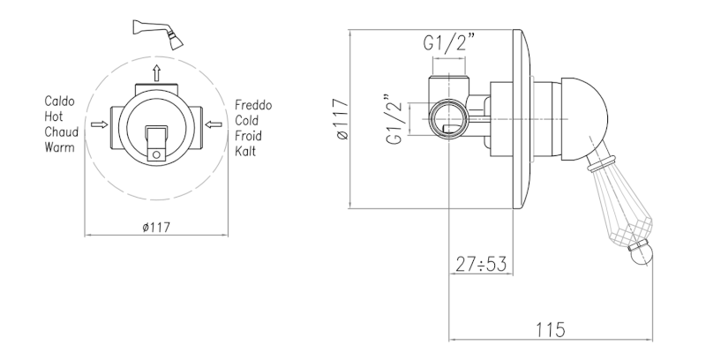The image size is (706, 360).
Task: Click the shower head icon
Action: [x=158, y=34]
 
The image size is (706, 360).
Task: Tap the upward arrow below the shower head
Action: [x=156, y=72]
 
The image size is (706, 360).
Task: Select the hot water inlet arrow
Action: [x=99, y=124]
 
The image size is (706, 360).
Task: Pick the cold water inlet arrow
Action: [x=214, y=124]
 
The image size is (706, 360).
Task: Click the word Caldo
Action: [x=59, y=101]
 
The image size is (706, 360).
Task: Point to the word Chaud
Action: [x=61, y=131]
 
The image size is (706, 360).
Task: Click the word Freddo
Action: [x=253, y=105]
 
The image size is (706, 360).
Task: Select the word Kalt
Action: [x=245, y=151]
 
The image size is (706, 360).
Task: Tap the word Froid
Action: [x=248, y=136]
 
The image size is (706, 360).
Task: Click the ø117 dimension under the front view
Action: [x=156, y=228]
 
